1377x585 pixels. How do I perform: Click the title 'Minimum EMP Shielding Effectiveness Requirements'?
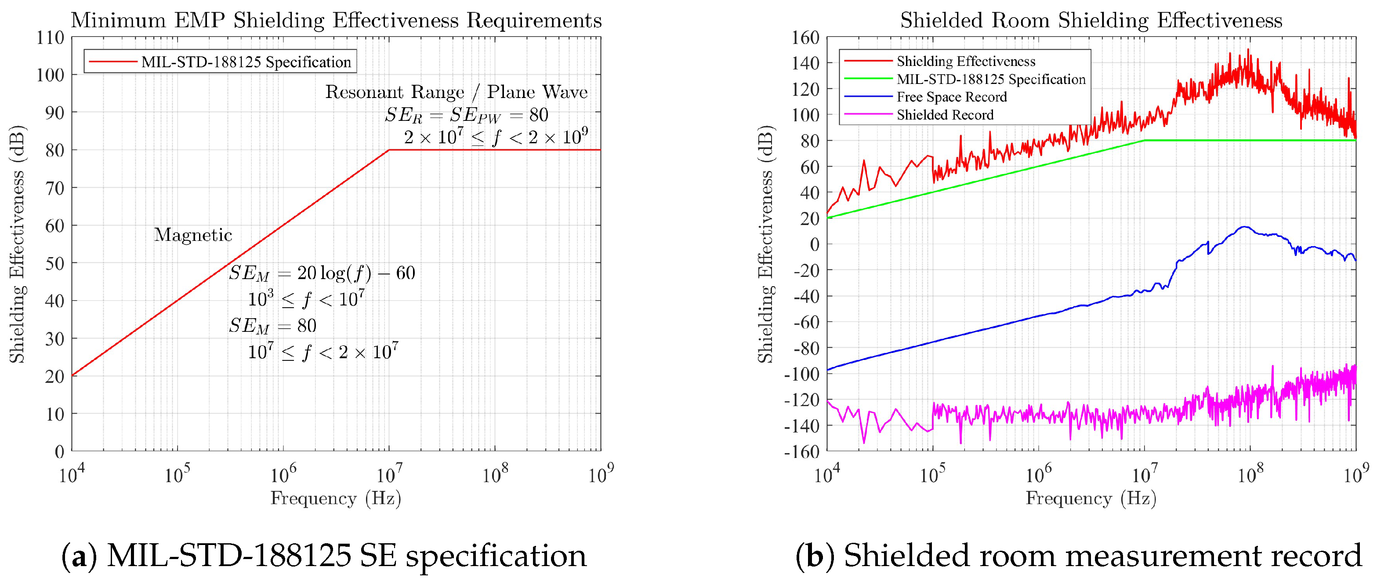[x=336, y=20]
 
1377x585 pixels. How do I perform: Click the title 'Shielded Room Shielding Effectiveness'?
[x=1091, y=20]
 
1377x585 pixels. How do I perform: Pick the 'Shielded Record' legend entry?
[x=945, y=114]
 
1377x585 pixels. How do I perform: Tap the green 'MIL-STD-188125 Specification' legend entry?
[x=990, y=79]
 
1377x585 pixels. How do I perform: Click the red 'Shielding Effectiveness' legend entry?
[x=965, y=61]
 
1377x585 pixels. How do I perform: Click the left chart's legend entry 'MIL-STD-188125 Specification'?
[x=246, y=62]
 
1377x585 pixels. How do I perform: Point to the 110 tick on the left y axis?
[x=50, y=37]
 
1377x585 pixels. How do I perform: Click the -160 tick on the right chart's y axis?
[x=801, y=451]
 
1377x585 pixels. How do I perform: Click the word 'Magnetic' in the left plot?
[x=193, y=235]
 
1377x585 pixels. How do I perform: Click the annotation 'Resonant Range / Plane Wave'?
[x=456, y=92]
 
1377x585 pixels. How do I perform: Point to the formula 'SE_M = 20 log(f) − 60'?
[x=322, y=273]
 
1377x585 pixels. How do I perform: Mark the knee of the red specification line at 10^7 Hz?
[x=389, y=150]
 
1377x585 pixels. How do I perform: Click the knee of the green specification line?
[x=1145, y=141]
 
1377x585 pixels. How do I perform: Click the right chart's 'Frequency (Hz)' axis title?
[x=1091, y=498]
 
